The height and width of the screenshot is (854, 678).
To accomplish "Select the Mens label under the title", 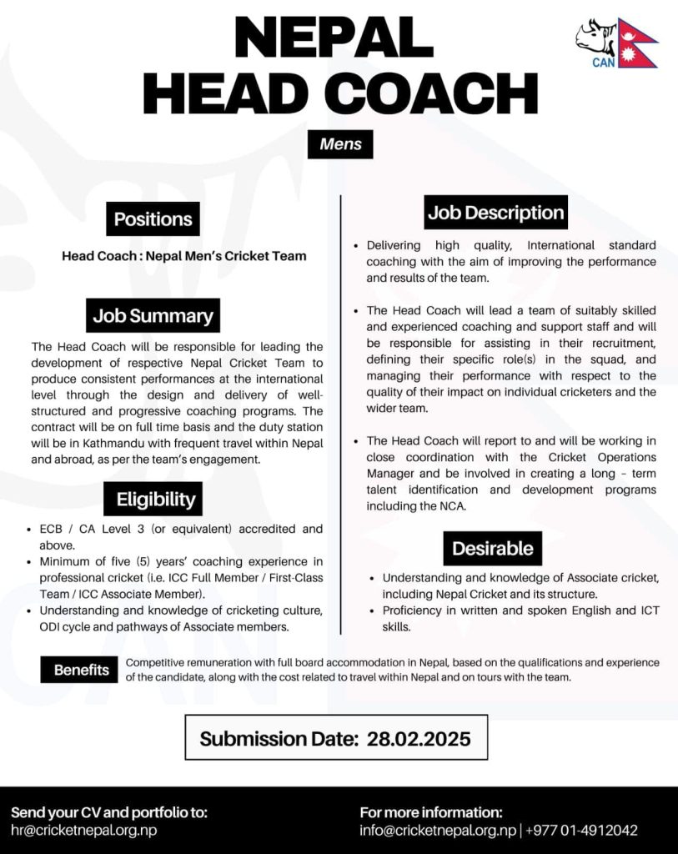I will point(340,143).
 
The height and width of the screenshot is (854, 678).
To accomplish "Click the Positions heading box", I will point(153,219).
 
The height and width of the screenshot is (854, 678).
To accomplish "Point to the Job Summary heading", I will point(153,316).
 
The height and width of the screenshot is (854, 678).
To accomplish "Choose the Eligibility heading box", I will point(156,500).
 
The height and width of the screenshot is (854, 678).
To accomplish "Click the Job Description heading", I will point(495,213).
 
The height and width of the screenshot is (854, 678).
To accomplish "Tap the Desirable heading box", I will point(492,548).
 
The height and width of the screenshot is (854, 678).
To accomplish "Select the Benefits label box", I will point(82,670).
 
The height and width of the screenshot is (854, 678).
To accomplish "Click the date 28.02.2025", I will point(419,738).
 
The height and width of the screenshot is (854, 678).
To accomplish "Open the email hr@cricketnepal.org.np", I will point(84,830).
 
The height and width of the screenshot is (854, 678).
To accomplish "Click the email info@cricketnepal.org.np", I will point(438,830).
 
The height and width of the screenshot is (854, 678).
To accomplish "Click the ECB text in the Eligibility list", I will point(52,529).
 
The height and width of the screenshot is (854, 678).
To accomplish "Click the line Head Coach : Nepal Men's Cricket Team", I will point(183,256).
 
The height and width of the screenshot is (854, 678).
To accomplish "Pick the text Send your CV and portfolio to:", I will point(109,811).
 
